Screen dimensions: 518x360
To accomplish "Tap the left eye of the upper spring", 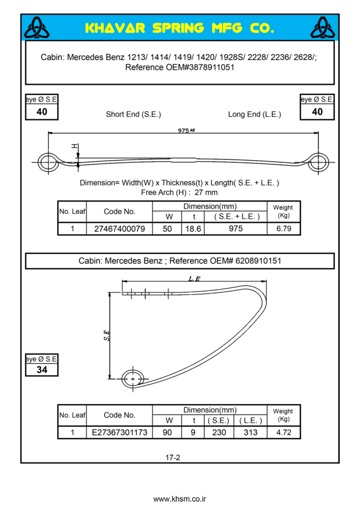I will [48, 162].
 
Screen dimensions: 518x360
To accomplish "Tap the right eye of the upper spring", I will [318, 162].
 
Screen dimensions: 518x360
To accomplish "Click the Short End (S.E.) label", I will [133, 114].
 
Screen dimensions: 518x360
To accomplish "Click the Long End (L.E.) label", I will [254, 114].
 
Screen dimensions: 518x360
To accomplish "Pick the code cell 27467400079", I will [119, 229].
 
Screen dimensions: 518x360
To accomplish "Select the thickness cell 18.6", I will [193, 229].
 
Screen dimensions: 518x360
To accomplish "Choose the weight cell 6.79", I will [284, 229].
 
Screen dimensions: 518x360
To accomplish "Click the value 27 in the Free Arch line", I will [198, 192].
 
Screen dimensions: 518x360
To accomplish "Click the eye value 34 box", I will [42, 370].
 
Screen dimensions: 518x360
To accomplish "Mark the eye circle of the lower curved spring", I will [133, 378].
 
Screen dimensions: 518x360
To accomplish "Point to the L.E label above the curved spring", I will [194, 279].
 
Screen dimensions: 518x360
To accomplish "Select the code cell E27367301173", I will [119, 433].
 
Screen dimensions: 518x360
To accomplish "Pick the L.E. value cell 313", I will [250, 433].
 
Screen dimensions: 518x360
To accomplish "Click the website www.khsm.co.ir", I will [180, 499].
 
